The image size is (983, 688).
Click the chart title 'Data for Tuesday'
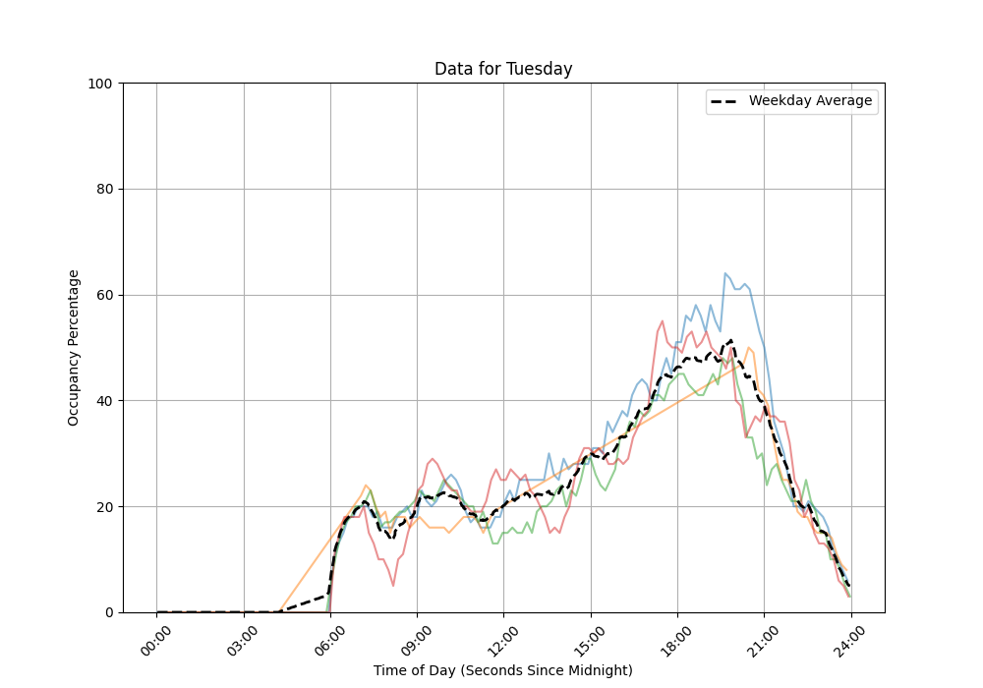(x=503, y=69)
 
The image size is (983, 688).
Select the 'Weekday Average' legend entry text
(x=810, y=101)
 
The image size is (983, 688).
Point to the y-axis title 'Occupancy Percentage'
(x=74, y=347)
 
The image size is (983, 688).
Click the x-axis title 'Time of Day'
(x=502, y=670)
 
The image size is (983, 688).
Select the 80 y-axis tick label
(x=105, y=190)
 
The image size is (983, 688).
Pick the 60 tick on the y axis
(x=105, y=295)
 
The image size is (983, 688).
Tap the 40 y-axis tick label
(x=105, y=401)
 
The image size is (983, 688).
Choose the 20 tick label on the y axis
(x=105, y=507)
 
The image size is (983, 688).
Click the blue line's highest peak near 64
(x=725, y=273)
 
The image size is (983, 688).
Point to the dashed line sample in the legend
(x=727, y=101)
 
